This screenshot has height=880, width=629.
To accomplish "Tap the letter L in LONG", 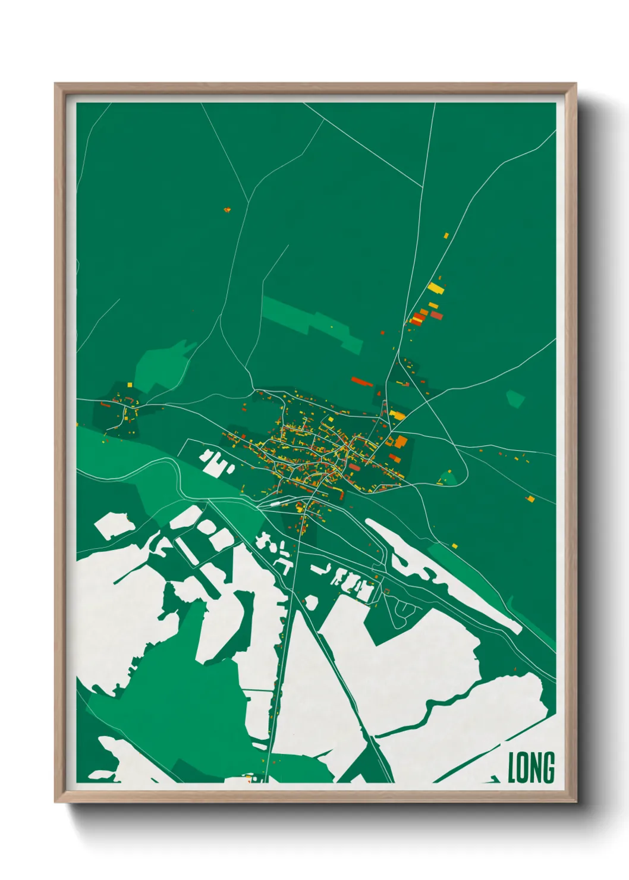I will point(512,768).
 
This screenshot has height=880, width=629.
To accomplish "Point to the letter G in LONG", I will point(549,768).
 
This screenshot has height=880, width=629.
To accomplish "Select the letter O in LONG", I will point(523,768).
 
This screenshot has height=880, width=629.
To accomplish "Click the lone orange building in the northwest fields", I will point(227,209).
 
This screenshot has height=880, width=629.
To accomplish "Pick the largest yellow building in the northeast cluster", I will point(435,288).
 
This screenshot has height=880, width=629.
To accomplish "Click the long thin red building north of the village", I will point(361,381).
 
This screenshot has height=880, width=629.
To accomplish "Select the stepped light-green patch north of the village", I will point(312,324).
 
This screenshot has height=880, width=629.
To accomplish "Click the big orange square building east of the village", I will point(401,441).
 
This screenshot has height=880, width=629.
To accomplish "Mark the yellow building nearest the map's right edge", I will point(530,498).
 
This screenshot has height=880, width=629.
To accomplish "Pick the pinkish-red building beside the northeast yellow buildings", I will point(437,315).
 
